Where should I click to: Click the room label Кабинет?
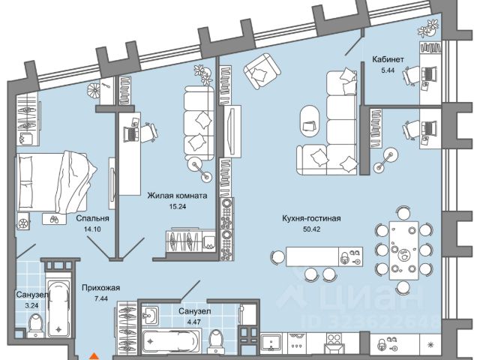click(x=388, y=60)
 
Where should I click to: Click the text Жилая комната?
click(x=178, y=196)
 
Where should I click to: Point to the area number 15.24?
click(x=178, y=207)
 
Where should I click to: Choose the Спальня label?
click(x=90, y=220)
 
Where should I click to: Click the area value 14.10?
click(x=94, y=230)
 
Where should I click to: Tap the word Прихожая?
click(x=100, y=286)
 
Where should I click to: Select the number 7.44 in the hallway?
click(x=98, y=299)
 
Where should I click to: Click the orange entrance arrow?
click(x=93, y=356)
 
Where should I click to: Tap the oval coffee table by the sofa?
click(x=309, y=117)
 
